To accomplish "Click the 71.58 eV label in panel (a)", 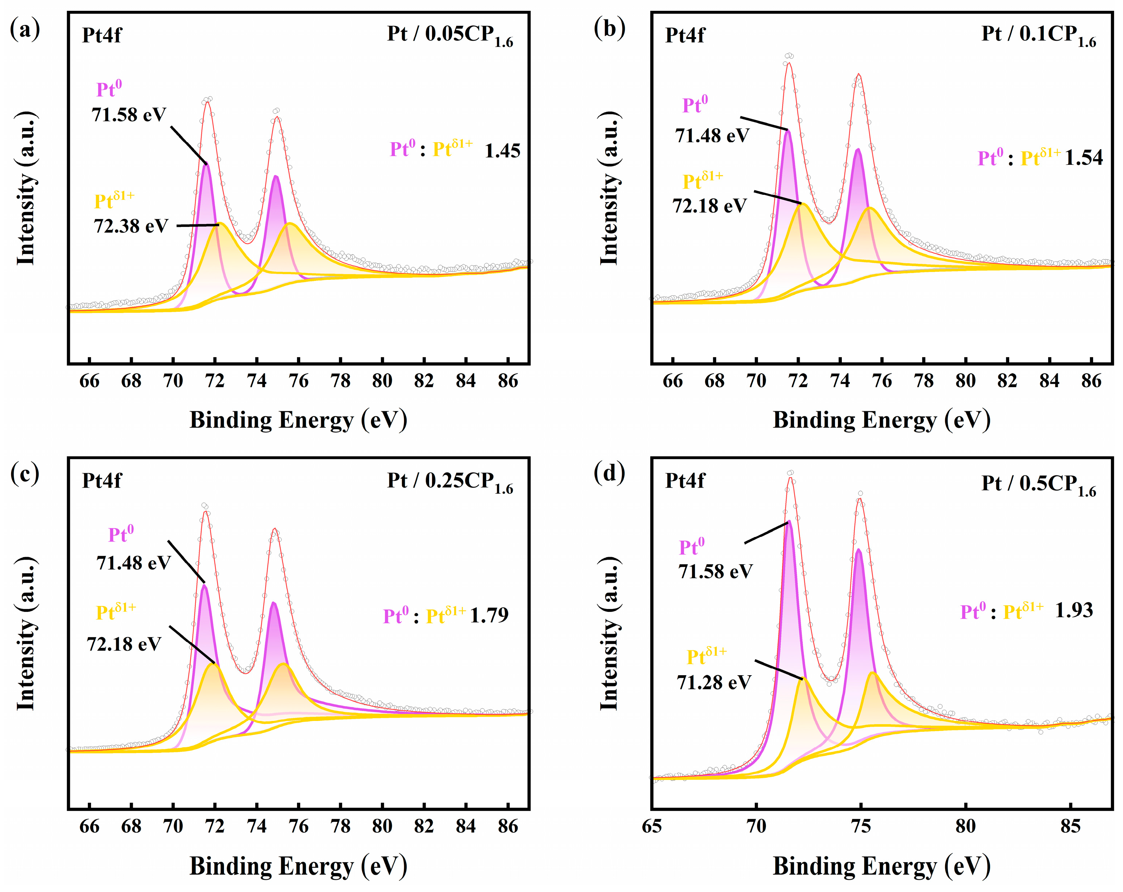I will [x=129, y=115].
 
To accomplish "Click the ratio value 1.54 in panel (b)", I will [x=1083, y=158].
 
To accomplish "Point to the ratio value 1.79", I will [x=489, y=615].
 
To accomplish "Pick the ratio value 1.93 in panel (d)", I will [x=1074, y=610].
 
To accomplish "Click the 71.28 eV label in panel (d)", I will [x=714, y=682].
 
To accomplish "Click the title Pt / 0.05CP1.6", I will [x=449, y=35].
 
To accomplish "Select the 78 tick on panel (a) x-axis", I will [x=340, y=381].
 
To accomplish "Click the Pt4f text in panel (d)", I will [x=684, y=480].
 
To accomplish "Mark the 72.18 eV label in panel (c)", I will [x=124, y=645].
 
